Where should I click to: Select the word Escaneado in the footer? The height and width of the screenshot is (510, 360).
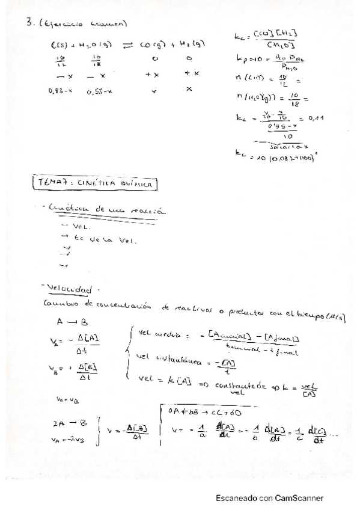pyautogui.click(x=237, y=498)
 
